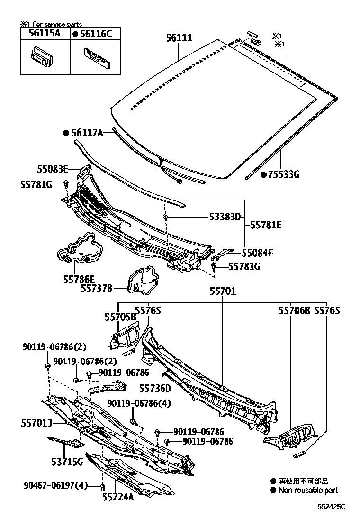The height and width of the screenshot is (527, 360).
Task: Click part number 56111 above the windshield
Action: [179, 37]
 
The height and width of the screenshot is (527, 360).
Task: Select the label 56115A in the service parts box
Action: [45, 33]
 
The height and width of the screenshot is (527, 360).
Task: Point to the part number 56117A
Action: [87, 133]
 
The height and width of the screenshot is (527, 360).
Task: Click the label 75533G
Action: [284, 175]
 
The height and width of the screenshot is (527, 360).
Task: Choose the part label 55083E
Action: [53, 168]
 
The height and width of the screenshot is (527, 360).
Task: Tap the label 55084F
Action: [258, 253]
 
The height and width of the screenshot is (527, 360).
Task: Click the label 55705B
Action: [120, 317]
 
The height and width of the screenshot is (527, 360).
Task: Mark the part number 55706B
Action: [294, 311]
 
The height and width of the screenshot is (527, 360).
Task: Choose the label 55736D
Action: [155, 388]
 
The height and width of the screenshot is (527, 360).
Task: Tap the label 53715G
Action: [67, 461]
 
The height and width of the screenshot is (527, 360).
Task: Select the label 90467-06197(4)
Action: [56, 485]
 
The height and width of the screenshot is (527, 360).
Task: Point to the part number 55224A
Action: [118, 497]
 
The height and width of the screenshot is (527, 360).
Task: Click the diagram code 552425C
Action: [332, 506]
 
